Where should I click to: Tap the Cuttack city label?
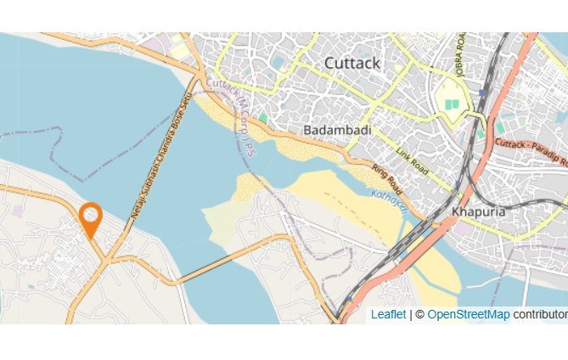click(352, 63)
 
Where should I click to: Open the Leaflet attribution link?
click(388, 314)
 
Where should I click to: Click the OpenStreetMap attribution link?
click(469, 314)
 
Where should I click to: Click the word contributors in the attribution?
click(540, 314)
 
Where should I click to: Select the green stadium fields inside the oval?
click(453, 104)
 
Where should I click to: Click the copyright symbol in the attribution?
click(419, 314)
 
